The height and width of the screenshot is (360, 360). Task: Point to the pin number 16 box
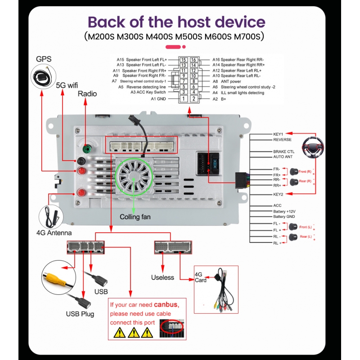[193, 59]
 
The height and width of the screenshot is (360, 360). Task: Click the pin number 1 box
[183, 99]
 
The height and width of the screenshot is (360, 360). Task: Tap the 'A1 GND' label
[158, 99]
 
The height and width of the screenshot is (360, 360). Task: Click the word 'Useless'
[162, 277]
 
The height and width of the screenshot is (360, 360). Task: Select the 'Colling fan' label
[135, 217]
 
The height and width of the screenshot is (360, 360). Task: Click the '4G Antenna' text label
[54, 233]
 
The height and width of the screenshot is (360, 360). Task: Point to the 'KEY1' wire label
[278, 134]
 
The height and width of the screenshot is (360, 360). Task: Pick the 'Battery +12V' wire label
[284, 211]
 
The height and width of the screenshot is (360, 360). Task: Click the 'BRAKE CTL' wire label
[283, 152]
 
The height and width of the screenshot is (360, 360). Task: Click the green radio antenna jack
[86, 149]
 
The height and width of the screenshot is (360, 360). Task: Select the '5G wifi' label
[67, 85]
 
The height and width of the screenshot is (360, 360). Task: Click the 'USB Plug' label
[80, 314]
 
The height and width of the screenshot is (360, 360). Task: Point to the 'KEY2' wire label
[278, 194]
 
